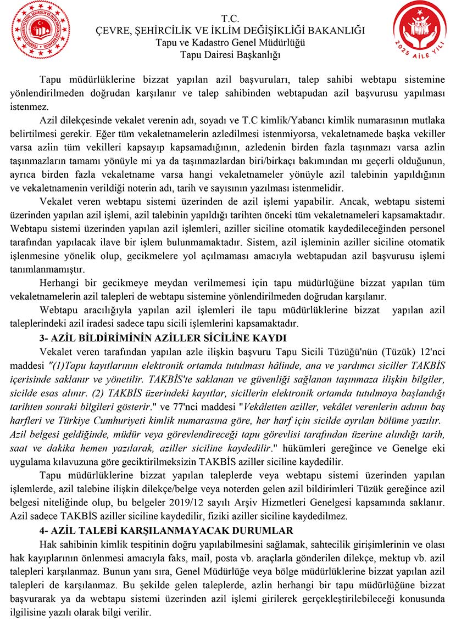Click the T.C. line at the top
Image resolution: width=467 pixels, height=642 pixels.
click(x=230, y=19)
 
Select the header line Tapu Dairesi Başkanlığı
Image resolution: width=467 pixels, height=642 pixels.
click(x=230, y=54)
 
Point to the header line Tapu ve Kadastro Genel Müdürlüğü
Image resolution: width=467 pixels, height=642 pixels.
click(x=230, y=43)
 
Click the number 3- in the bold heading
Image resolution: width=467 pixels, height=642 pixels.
click(x=46, y=337)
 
